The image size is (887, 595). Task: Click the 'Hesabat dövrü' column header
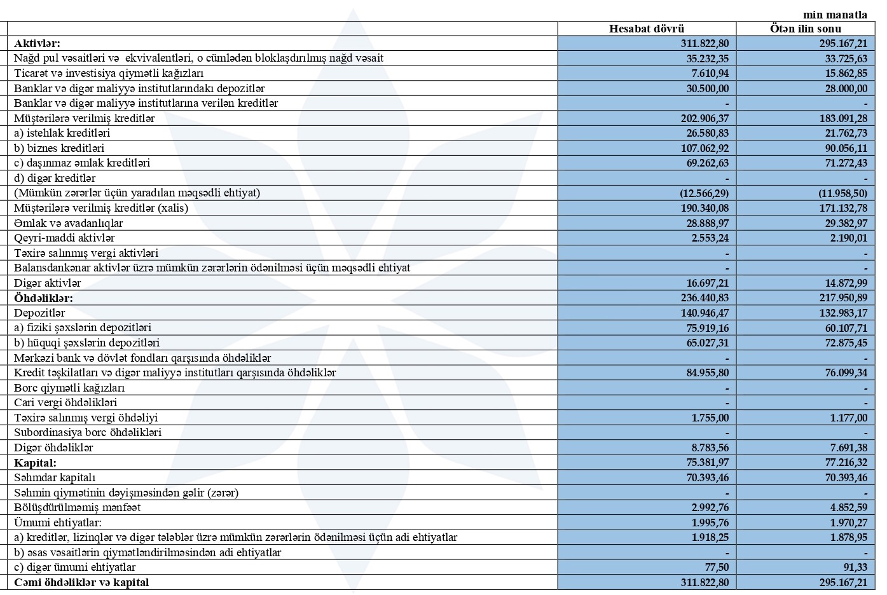coord(647,29)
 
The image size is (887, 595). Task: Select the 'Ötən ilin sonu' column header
coord(805,29)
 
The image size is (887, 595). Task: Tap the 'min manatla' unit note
coord(835,15)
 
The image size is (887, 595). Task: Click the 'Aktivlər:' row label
coord(37,43)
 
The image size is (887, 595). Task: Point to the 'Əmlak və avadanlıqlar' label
coord(69,223)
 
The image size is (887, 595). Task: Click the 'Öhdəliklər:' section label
coord(43,297)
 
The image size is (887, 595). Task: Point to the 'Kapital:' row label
coord(35,463)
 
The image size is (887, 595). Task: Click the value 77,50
coord(716,567)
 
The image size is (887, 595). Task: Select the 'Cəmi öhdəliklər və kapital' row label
coord(81,582)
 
